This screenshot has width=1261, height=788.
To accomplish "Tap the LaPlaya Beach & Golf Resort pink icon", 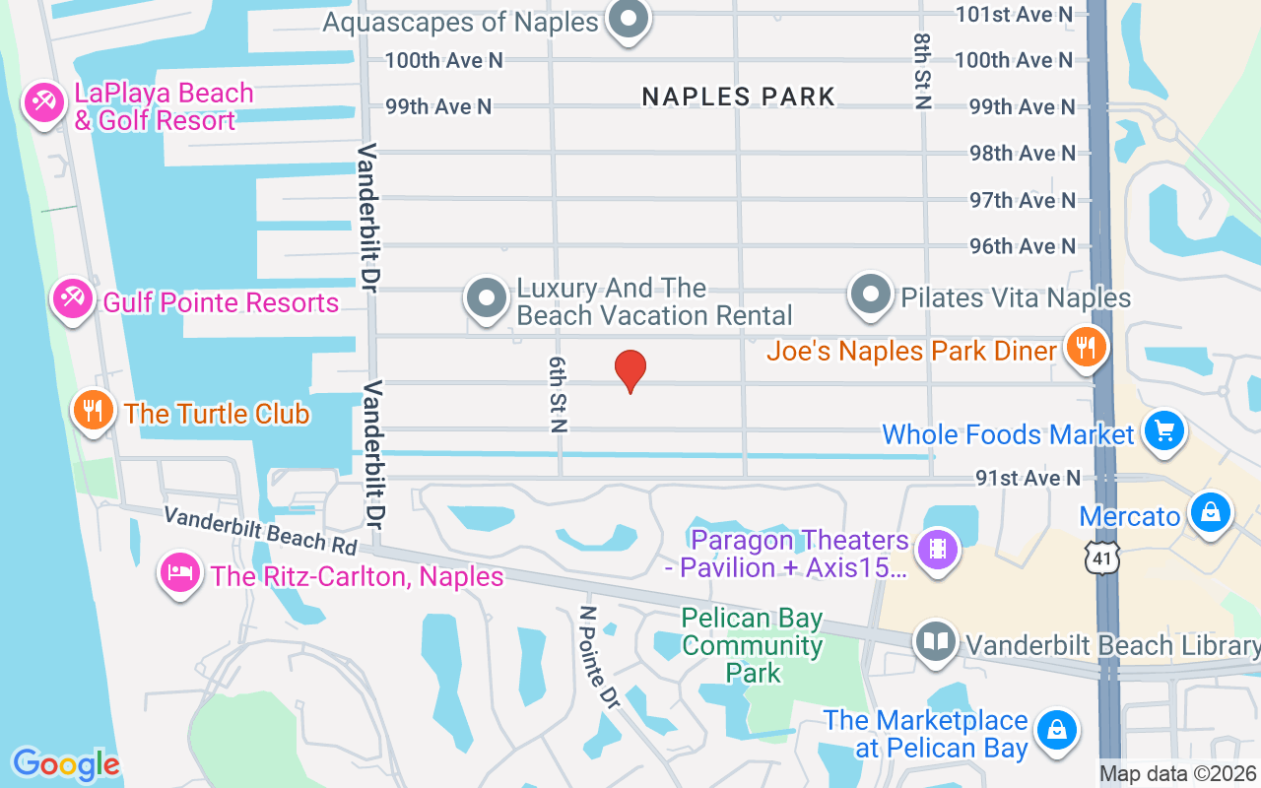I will pos(44,103).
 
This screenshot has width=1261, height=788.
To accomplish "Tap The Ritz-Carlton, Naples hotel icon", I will pos(180,572).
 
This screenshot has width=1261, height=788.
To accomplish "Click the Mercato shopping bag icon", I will pos(1210,512).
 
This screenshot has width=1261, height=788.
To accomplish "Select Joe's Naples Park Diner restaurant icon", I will pos(1086,348).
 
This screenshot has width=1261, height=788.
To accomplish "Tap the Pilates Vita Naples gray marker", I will pos(870,295).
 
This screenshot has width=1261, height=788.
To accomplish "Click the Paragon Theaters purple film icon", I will pos(937,549).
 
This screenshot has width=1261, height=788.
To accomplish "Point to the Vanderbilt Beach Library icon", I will pos(936,642).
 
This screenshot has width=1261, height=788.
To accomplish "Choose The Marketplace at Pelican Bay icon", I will pos(1055,731).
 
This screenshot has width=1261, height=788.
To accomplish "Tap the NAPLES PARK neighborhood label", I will pos(738,97).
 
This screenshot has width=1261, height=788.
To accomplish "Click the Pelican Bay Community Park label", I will pos(752,645).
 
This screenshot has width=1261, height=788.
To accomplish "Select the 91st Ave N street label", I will pos(1028,478).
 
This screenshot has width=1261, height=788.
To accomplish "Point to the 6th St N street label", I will pos(559,395).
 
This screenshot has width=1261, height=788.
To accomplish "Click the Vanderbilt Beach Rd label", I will pos(260,529).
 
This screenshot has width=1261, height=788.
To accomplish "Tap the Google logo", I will pos(66,764).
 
